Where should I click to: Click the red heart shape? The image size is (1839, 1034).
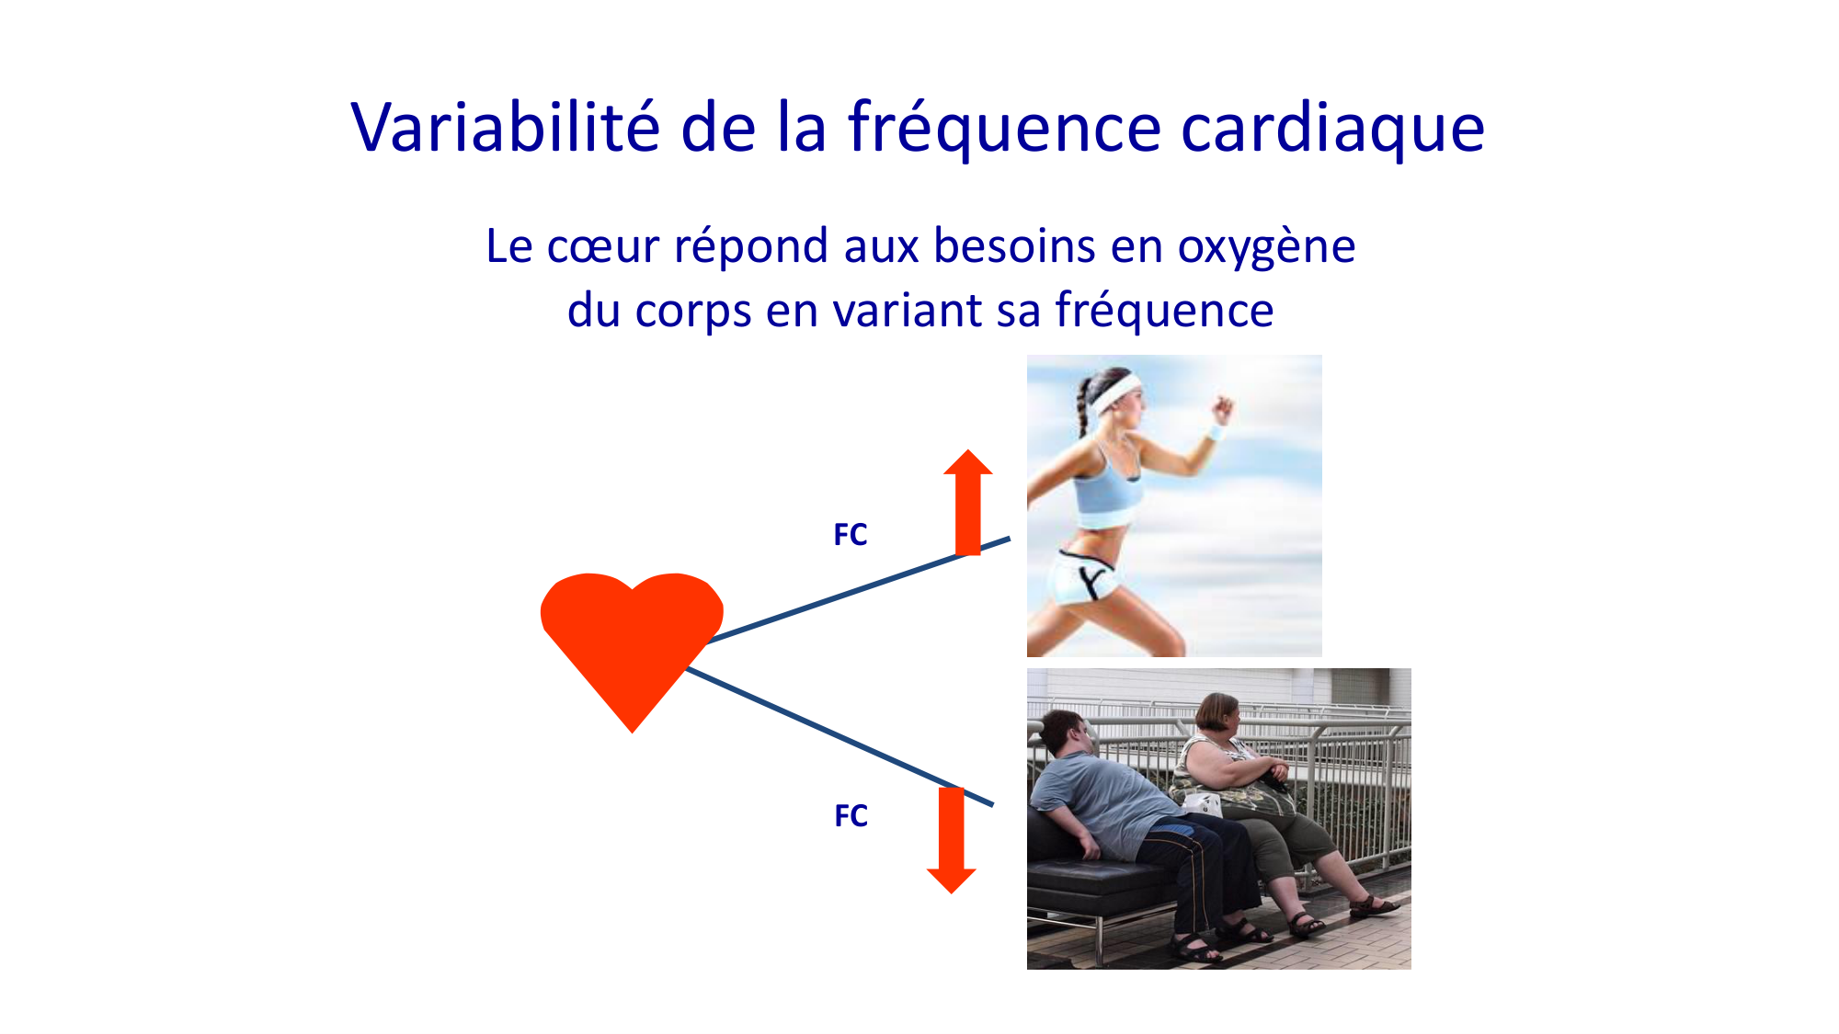tap(632, 634)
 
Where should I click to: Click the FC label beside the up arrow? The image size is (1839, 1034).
tap(851, 535)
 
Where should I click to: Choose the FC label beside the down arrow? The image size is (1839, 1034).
tap(851, 816)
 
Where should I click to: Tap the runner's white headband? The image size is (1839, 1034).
tap(1114, 393)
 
